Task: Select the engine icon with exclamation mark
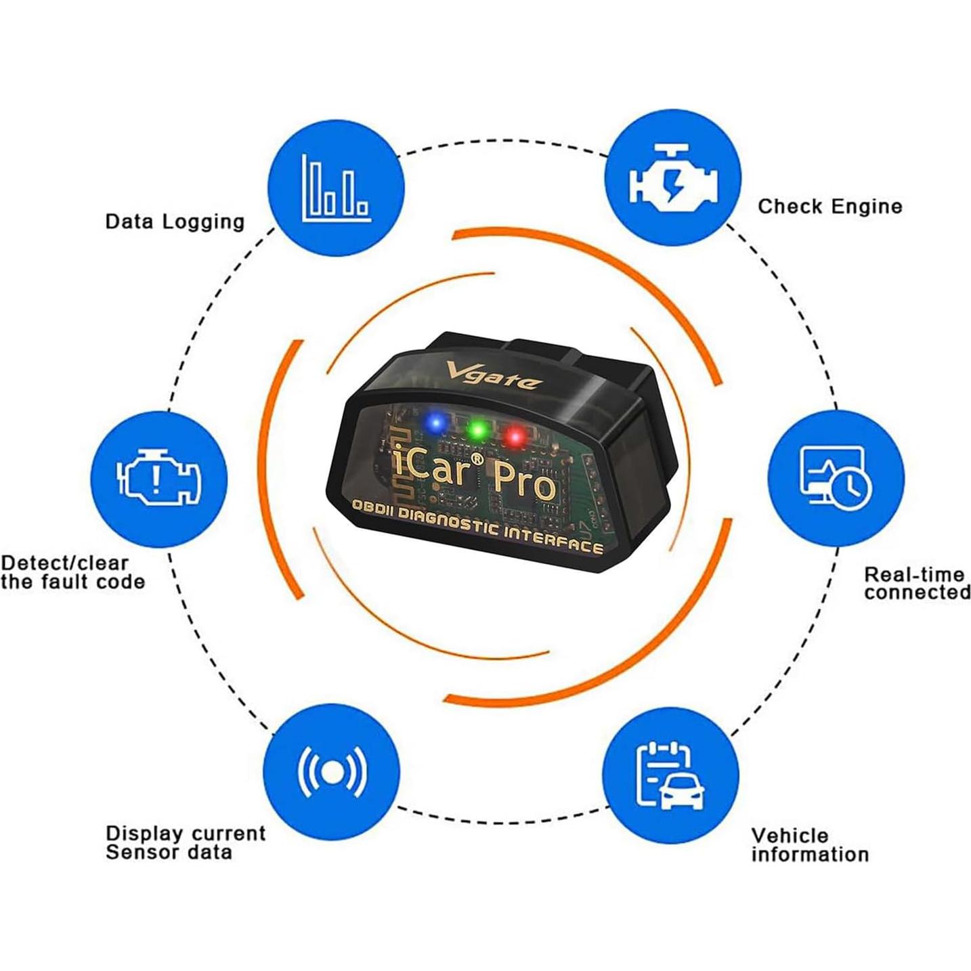158,479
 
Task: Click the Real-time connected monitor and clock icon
836,478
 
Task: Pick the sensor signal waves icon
332,772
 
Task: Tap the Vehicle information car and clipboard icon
670,776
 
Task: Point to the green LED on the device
478,429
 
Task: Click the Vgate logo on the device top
493,376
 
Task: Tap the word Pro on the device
523,482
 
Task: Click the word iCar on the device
431,467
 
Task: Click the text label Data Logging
175,221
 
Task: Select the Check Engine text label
829,207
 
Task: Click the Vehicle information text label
809,844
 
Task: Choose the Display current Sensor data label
186,842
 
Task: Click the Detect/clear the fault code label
72,572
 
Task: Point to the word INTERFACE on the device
553,538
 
